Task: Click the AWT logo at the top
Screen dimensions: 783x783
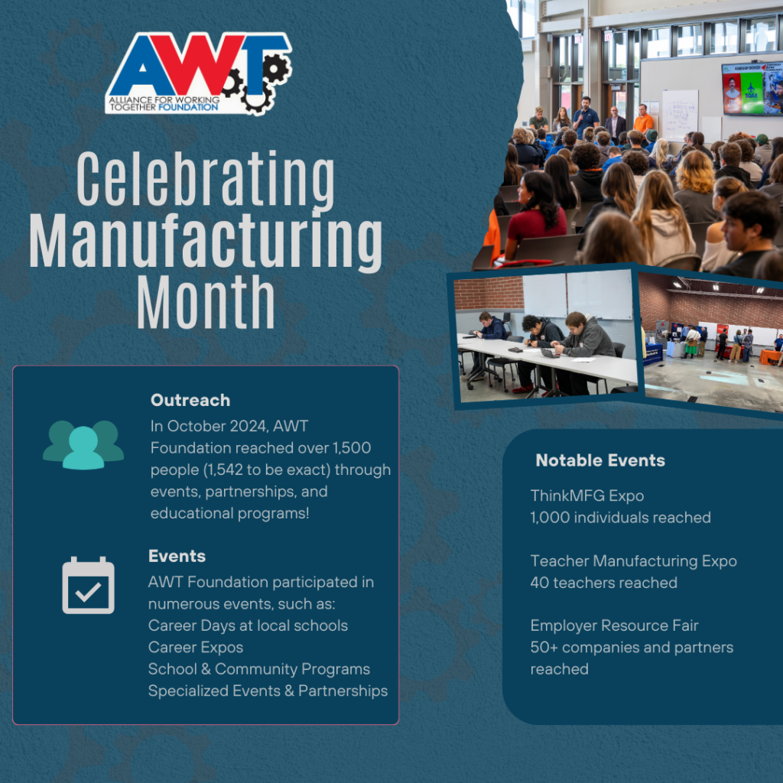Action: coord(198,73)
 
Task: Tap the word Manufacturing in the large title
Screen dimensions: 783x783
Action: coord(206,241)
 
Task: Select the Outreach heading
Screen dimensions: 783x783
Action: coord(190,400)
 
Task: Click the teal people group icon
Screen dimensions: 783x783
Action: coord(83,444)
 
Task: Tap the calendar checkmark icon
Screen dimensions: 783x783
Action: coord(88,586)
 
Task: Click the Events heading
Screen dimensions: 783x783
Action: coord(177,556)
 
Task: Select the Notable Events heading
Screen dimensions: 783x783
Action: coord(600,460)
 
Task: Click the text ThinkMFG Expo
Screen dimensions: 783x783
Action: coord(587,495)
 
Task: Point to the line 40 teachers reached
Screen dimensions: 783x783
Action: coord(604,583)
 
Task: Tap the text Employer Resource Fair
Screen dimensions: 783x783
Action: coord(615,625)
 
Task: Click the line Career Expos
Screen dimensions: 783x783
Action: coord(196,647)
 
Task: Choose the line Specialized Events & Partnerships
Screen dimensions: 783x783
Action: coord(268,690)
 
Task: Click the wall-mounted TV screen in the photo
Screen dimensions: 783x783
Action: coord(752,88)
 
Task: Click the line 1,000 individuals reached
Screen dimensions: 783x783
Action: coord(621,518)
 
